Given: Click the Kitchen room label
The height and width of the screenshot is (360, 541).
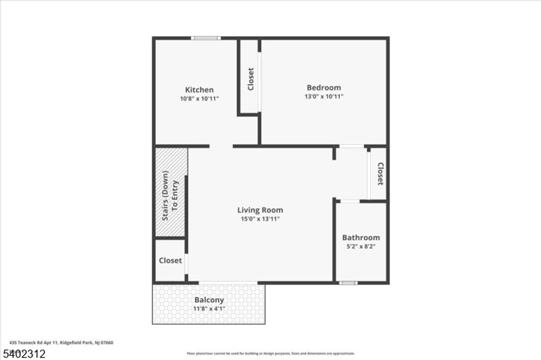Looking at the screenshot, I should click(199, 90).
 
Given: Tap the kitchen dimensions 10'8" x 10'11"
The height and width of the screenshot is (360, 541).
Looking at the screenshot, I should click(199, 98).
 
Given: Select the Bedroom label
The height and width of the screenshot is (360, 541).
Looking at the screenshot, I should click(323, 88).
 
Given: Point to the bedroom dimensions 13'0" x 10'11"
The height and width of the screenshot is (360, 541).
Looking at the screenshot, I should click(323, 96).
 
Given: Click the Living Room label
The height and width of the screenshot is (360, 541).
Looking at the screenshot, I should click(260, 210).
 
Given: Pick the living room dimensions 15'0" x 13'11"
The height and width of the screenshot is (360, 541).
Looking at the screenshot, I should click(260, 219).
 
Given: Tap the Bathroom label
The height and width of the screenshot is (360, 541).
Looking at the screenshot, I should click(361, 238).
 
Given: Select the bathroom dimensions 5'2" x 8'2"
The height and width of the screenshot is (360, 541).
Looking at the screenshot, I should click(361, 246).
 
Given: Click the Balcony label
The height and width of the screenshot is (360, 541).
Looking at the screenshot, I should click(209, 300).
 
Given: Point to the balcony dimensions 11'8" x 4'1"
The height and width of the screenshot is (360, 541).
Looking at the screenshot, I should click(209, 308).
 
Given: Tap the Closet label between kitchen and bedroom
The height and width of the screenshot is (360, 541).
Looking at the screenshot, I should click(250, 79).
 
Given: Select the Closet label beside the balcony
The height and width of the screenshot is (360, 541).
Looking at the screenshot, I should click(170, 260).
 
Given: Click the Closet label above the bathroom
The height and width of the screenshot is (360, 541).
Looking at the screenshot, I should click(380, 174).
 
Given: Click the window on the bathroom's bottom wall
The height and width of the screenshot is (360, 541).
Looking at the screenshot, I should click(349, 283).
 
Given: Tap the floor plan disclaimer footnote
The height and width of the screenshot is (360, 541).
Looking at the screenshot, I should click(270, 353).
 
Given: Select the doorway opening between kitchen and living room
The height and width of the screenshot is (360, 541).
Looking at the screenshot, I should click(221, 146).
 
